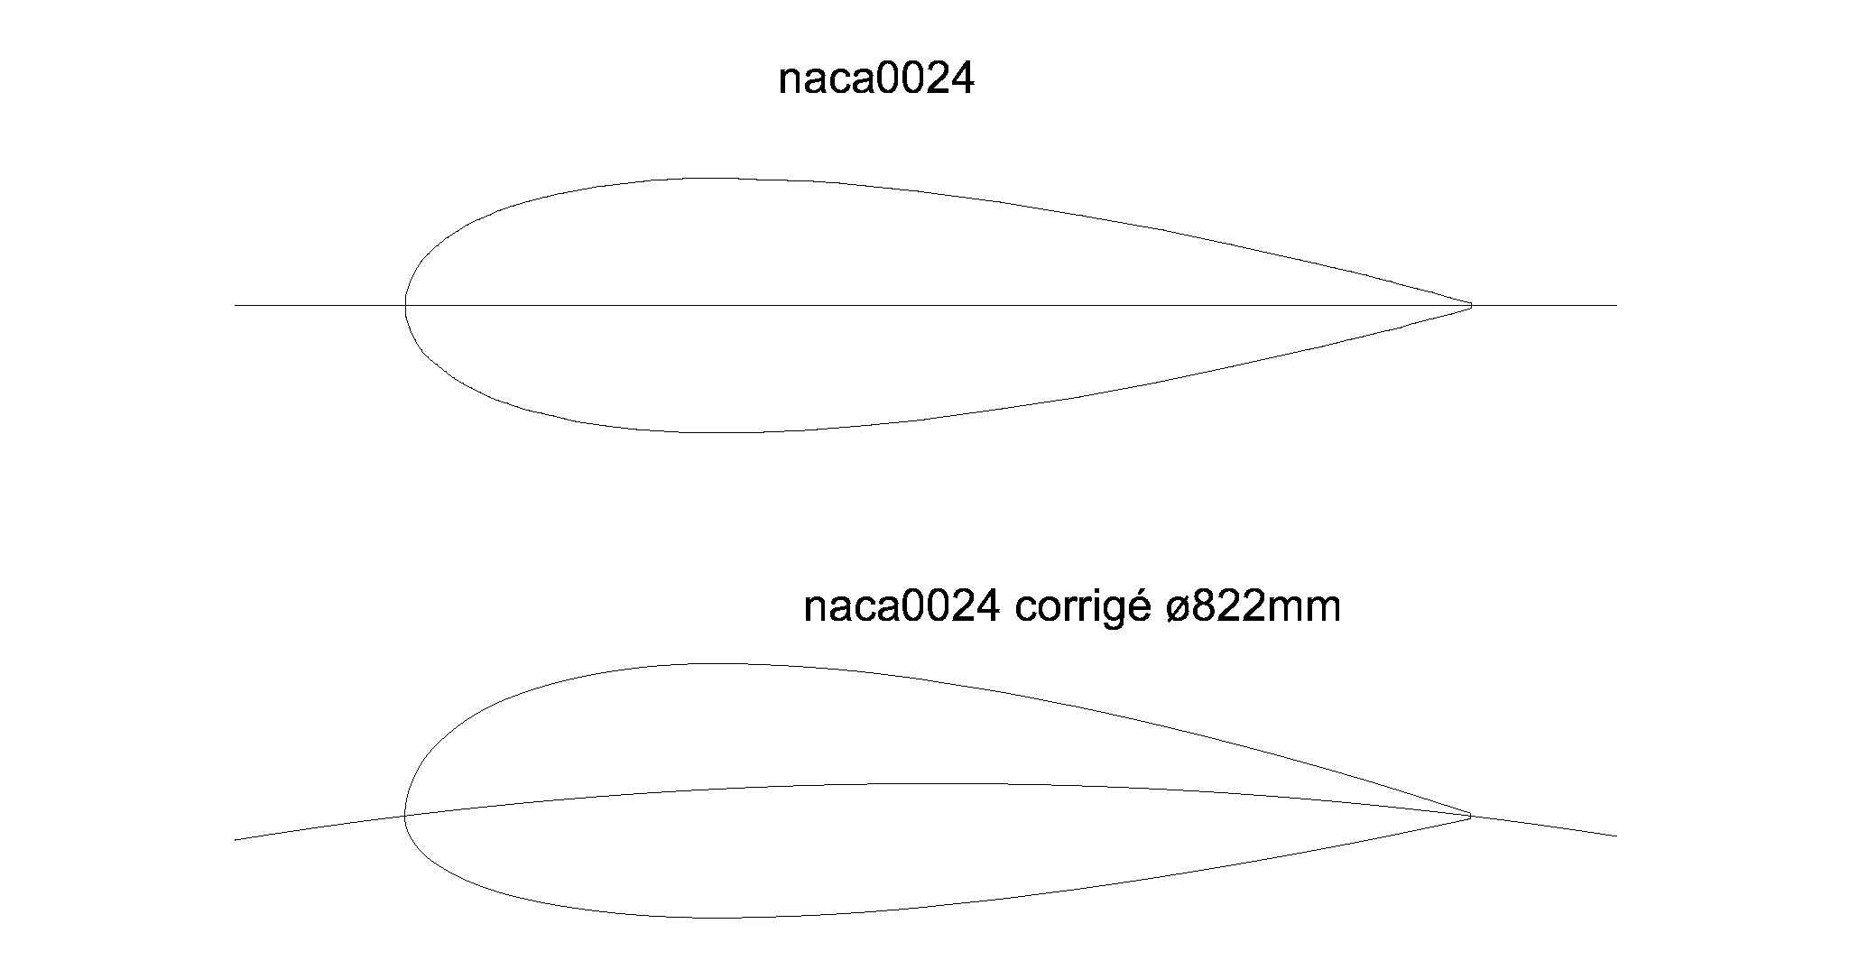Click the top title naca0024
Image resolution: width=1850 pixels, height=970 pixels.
(x=876, y=80)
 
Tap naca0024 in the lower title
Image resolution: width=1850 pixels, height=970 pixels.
(x=901, y=607)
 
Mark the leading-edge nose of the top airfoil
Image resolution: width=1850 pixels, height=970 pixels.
(x=405, y=305)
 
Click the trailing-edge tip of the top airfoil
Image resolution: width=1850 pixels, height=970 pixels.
(x=1471, y=306)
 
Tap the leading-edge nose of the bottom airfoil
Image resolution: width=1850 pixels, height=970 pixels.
(x=405, y=816)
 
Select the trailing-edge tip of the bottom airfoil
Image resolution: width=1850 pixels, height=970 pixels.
(x=1471, y=816)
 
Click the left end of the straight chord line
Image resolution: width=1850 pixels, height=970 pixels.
(x=236, y=305)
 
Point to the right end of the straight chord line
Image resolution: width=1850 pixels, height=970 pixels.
(x=1616, y=305)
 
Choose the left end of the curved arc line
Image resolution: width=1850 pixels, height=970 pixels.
(x=236, y=839)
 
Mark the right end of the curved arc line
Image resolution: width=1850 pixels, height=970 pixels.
(x=1616, y=836)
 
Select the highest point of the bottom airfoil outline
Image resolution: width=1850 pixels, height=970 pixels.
(x=717, y=664)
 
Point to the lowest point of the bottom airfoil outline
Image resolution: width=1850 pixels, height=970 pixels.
(x=717, y=918)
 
